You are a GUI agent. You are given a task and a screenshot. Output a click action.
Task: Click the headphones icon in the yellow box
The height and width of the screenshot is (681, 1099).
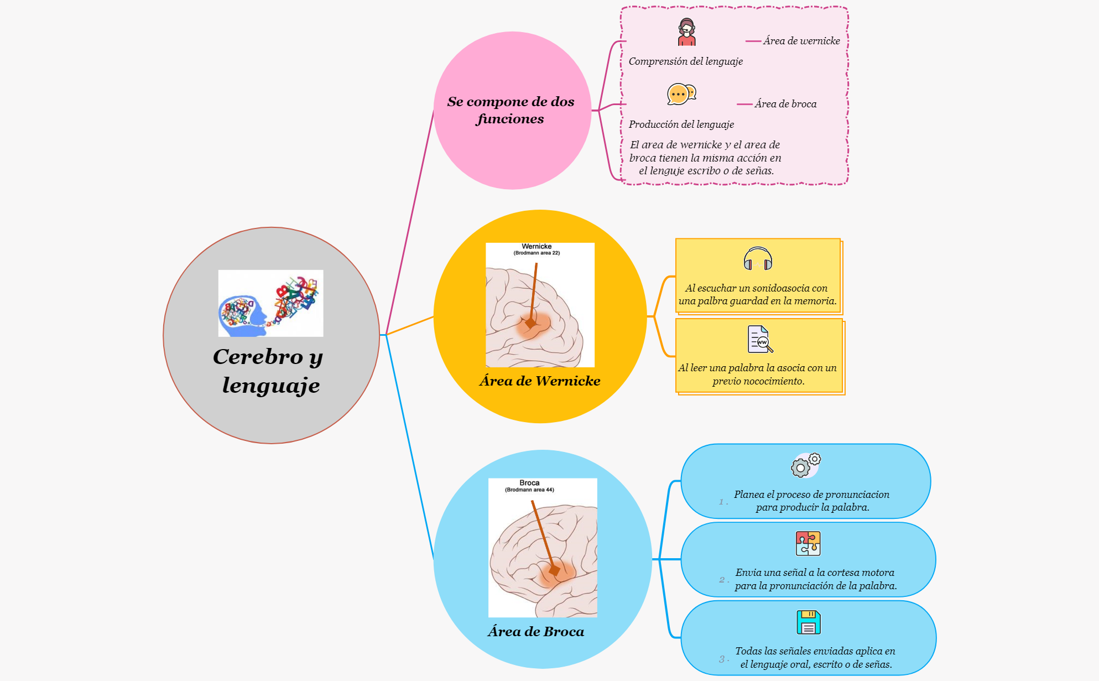pyautogui.click(x=758, y=258)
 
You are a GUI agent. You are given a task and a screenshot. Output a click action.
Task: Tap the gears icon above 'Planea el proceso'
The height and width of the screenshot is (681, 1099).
pyautogui.click(x=806, y=465)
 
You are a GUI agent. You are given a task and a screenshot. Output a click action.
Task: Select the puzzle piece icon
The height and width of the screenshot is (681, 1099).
pyautogui.click(x=808, y=543)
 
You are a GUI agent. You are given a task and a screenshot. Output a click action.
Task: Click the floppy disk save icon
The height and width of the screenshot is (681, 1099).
pyautogui.click(x=809, y=622)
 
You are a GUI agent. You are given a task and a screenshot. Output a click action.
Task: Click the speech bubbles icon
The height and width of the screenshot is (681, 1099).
pyautogui.click(x=681, y=94)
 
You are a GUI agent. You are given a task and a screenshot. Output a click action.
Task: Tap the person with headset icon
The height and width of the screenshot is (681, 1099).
pyautogui.click(x=687, y=32)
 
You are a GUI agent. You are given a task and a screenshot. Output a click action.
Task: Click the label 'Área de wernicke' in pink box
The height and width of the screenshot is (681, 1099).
pyautogui.click(x=801, y=41)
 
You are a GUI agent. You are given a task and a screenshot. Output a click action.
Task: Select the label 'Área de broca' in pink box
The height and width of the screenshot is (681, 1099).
pyautogui.click(x=785, y=104)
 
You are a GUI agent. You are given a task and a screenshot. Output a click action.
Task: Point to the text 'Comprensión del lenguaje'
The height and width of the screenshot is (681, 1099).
pyautogui.click(x=685, y=61)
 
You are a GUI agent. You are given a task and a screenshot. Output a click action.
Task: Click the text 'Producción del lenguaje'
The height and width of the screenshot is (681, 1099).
pyautogui.click(x=681, y=124)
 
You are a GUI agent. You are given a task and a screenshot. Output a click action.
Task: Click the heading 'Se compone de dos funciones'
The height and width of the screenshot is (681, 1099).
pyautogui.click(x=511, y=110)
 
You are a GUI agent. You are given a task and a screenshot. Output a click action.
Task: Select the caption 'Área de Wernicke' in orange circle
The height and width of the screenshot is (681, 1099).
pyautogui.click(x=539, y=381)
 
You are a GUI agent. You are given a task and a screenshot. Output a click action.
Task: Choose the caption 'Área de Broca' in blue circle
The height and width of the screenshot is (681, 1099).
pyautogui.click(x=535, y=632)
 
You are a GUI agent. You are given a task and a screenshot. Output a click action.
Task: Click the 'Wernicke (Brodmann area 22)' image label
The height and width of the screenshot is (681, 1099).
pyautogui.click(x=537, y=249)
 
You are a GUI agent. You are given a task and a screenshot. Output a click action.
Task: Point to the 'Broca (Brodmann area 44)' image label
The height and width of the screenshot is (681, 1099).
pyautogui.click(x=529, y=486)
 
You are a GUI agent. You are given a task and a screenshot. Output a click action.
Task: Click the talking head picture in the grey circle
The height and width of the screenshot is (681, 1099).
pyautogui.click(x=270, y=303)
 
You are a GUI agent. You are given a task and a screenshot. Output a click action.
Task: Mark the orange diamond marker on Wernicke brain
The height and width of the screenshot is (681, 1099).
pyautogui.click(x=530, y=323)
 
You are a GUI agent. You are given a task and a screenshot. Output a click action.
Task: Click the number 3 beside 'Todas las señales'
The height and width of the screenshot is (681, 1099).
pyautogui.click(x=722, y=659)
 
